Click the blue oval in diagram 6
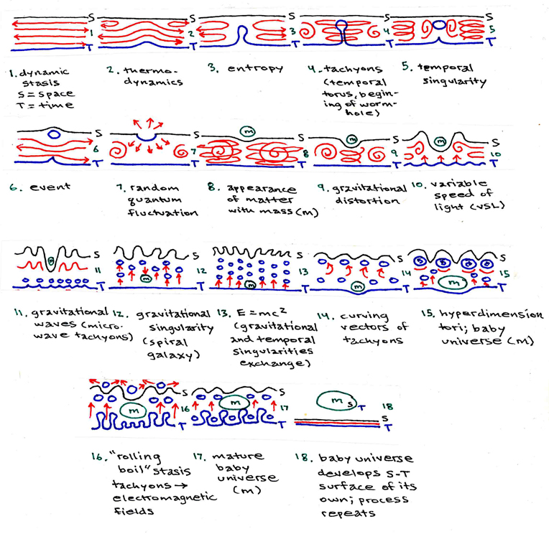pos(54,133)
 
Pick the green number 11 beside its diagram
pos(98,271)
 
